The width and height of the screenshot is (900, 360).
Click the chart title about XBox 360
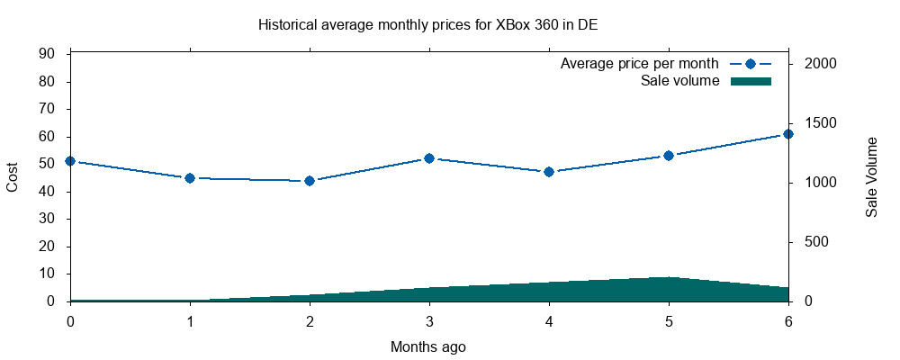[427, 25]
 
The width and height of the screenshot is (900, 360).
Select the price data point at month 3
[429, 158]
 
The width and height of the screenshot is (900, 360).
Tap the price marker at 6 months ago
[788, 134]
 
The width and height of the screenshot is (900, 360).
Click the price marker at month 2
[310, 181]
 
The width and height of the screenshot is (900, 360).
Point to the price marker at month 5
[669, 156]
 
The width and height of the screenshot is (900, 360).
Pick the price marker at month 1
[190, 178]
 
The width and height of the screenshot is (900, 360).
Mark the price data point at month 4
[549, 172]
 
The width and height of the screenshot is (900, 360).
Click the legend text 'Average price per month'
[639, 64]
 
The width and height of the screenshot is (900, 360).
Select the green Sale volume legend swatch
[751, 81]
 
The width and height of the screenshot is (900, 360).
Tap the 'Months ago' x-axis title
[428, 346]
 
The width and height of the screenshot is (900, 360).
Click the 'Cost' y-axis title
[13, 177]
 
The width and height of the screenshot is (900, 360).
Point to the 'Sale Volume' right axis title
[871, 177]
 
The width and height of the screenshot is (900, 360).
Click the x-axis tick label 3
[429, 321]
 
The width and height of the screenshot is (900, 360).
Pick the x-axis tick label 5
[669, 321]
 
